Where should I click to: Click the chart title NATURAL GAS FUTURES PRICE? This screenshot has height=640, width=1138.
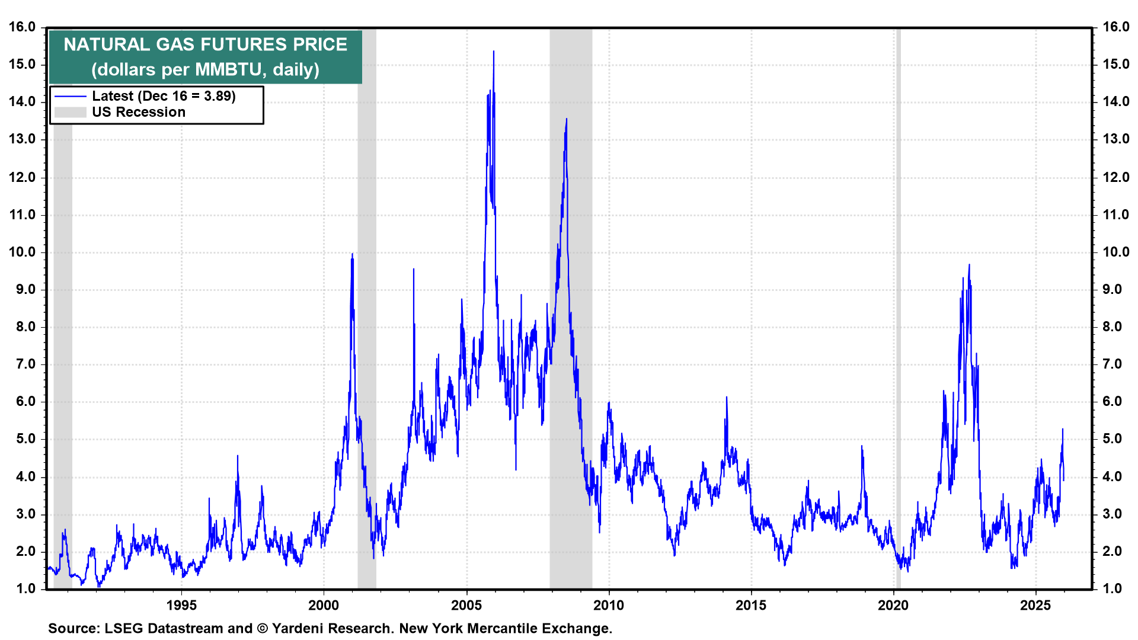[205, 44]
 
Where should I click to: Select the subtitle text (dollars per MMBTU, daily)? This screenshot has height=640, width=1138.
[205, 70]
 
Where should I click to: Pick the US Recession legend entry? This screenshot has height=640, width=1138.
[138, 112]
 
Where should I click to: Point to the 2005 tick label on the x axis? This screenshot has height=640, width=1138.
[466, 605]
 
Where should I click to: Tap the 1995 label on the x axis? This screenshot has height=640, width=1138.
[181, 605]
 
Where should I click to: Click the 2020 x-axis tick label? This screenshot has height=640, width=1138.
[893, 605]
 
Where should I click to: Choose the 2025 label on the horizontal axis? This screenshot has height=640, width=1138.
[1035, 605]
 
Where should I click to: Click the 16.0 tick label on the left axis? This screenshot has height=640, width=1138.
[22, 27]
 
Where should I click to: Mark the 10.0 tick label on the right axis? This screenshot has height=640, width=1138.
[1116, 252]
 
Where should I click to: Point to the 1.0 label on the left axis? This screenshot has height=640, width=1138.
[25, 588]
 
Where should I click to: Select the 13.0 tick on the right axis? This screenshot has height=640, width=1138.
[1116, 139]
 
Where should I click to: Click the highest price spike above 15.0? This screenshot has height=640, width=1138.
[494, 52]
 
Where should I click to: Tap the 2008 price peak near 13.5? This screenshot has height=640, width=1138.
[567, 120]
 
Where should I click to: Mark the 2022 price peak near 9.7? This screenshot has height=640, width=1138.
[969, 265]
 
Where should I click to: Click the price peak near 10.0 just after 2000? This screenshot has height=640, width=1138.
[353, 255]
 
